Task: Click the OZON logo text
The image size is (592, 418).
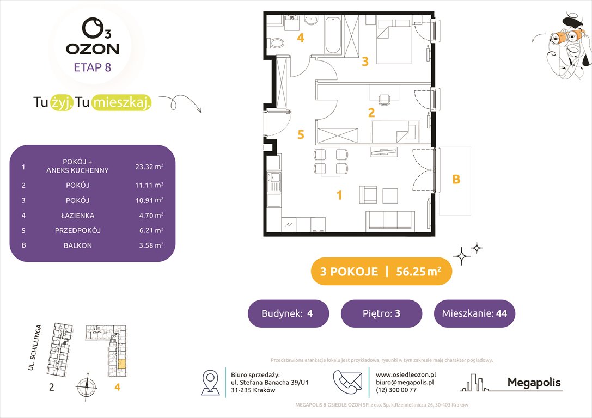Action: (x=93, y=48)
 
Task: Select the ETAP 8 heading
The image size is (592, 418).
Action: (x=93, y=68)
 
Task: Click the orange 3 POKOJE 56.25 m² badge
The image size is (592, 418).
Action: (x=381, y=272)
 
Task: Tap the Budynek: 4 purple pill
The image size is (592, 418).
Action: (x=288, y=313)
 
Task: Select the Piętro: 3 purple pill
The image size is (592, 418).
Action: (x=381, y=313)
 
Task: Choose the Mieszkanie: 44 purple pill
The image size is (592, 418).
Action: (x=474, y=313)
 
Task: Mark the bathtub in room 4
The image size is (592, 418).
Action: (x=333, y=35)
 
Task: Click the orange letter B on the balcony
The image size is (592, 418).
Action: (x=456, y=179)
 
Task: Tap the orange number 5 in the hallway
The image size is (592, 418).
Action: (x=301, y=134)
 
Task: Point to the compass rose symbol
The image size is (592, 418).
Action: (x=86, y=388)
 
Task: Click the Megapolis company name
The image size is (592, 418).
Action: (x=534, y=383)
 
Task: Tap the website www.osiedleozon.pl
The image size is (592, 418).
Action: (x=406, y=374)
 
